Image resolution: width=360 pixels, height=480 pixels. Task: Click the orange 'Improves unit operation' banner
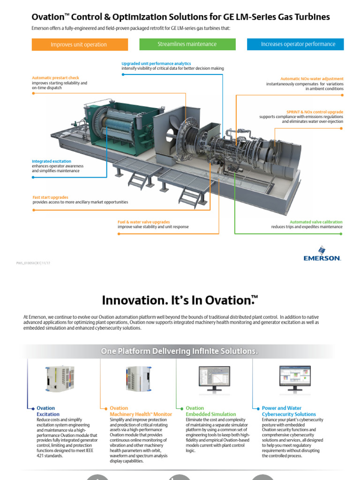(x=80, y=45)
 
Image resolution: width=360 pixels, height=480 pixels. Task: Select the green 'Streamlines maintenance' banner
(x=187, y=44)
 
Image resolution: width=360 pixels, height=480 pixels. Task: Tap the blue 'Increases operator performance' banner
(x=295, y=44)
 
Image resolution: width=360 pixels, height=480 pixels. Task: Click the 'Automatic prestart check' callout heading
(x=55, y=78)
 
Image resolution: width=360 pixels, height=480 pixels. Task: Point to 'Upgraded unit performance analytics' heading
(x=156, y=63)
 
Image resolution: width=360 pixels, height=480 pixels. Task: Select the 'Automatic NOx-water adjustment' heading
(x=312, y=79)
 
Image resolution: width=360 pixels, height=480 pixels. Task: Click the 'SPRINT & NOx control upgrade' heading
(x=315, y=112)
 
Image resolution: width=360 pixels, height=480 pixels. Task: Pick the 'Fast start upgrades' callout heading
(x=51, y=197)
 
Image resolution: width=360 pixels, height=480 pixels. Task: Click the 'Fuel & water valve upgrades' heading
(x=143, y=222)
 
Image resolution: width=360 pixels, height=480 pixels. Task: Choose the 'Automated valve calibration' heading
(x=316, y=222)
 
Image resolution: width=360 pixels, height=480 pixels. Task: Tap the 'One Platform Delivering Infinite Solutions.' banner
(x=180, y=351)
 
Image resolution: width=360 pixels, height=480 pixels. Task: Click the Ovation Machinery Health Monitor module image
(x=137, y=378)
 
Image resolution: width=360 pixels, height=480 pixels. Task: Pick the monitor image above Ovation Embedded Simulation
(x=214, y=378)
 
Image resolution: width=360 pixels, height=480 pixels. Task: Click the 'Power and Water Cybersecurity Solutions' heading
(x=289, y=411)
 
